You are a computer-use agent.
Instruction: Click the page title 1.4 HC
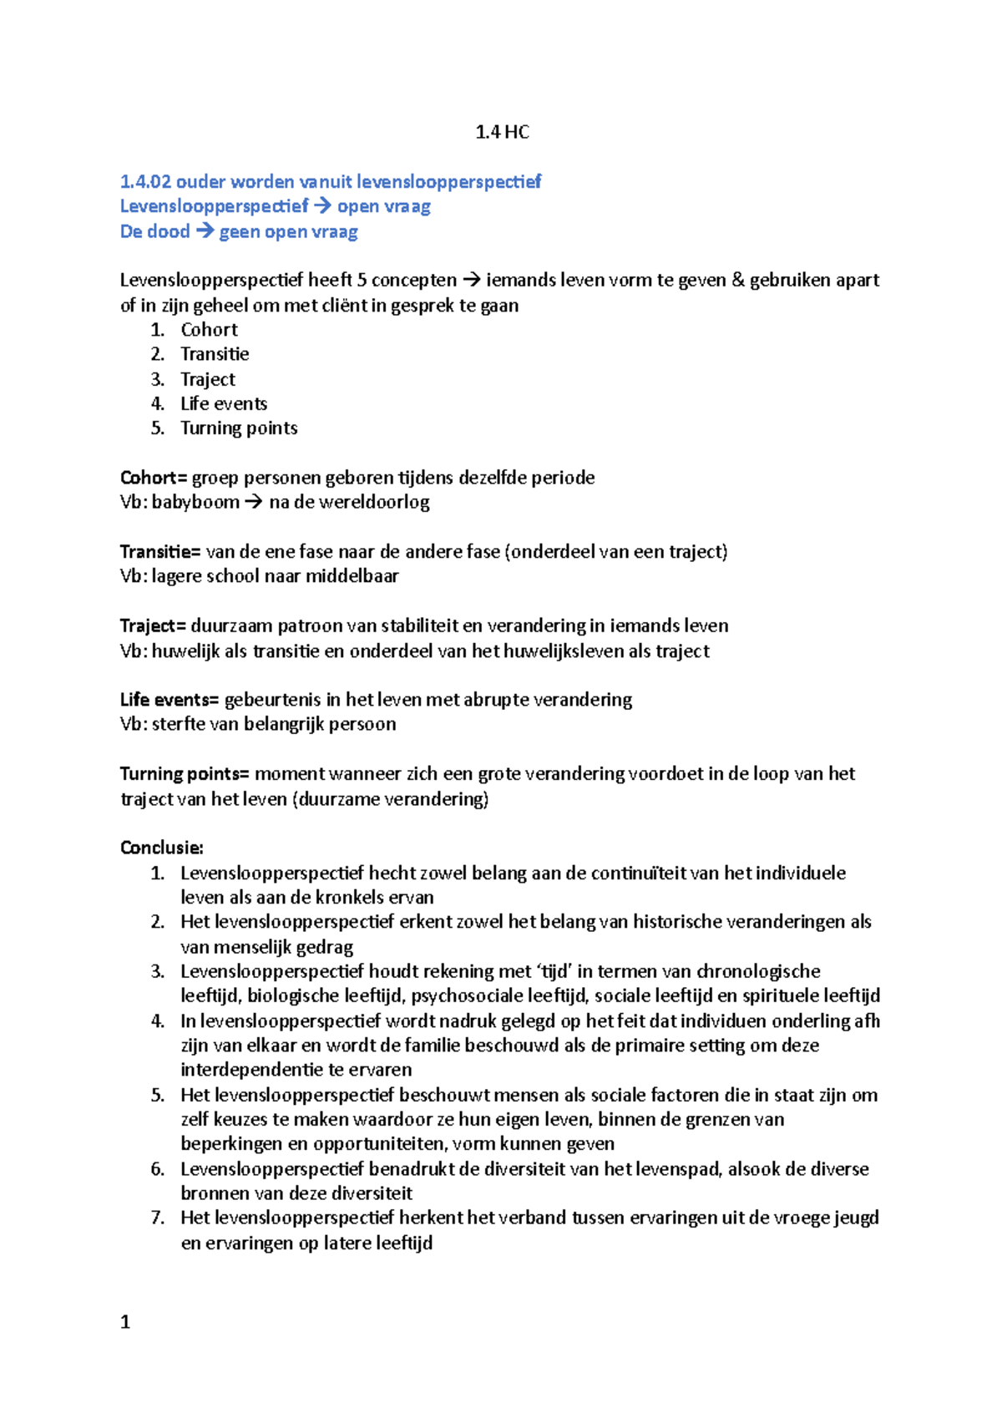pos(501,132)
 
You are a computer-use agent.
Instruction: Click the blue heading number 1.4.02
pos(145,181)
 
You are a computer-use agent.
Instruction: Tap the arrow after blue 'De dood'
pos(205,231)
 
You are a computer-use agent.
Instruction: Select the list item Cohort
pos(209,330)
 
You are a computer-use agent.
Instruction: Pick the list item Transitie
pos(215,354)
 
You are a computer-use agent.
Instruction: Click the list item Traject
pos(208,379)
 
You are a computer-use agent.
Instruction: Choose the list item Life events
pos(224,403)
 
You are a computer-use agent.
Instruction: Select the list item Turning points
pos(239,428)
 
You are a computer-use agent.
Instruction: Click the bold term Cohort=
pos(154,478)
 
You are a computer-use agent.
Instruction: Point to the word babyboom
pos(184,502)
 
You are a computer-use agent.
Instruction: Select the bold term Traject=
pos(153,626)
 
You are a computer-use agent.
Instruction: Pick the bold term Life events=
pos(170,700)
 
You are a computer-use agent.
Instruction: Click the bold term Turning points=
pos(185,774)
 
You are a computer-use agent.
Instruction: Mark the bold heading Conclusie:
pos(162,848)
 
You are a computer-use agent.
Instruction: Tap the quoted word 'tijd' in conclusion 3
pos(554,971)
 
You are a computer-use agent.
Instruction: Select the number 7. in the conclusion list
pos(158,1218)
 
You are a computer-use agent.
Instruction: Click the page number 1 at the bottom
pos(125,1322)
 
